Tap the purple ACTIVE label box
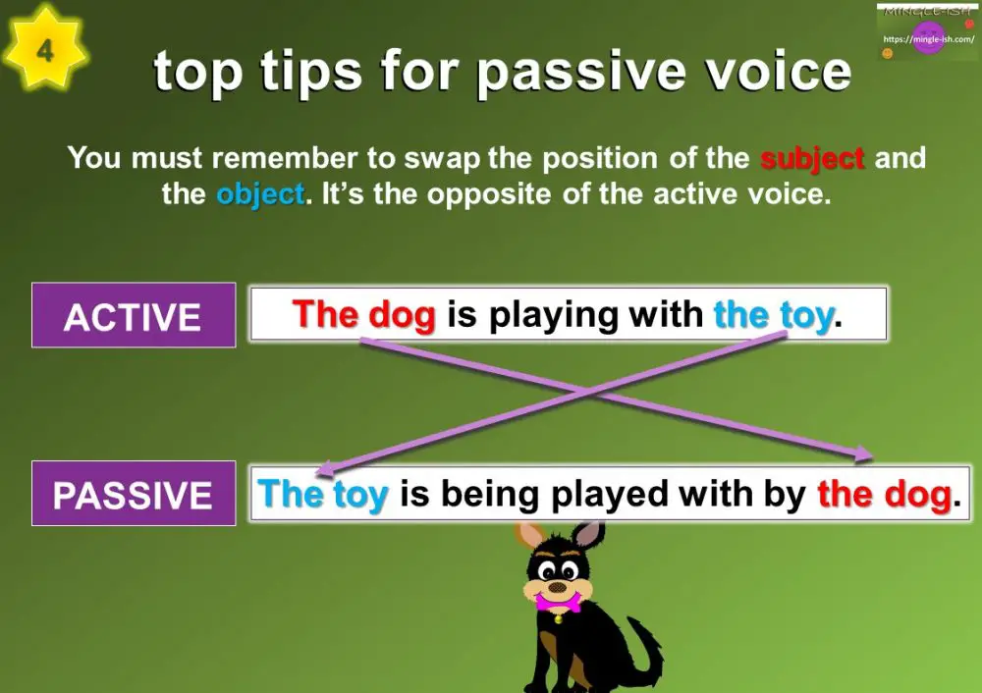coord(134,315)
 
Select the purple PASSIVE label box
coord(134,493)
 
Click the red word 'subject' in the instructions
coord(812,157)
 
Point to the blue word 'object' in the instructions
coord(260,193)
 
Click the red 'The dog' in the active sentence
coord(363,314)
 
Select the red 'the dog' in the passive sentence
coord(884,493)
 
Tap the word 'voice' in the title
coord(783,71)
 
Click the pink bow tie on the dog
coord(557,601)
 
